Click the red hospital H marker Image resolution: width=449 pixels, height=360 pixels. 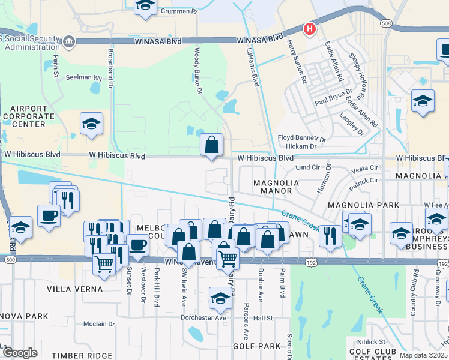pyautogui.click(x=310, y=28)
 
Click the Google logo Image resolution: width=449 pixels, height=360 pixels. pyautogui.click(x=19, y=353)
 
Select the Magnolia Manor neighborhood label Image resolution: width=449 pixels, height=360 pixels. pyautogui.click(x=273, y=187)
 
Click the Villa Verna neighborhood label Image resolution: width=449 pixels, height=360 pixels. pyautogui.click(x=75, y=289)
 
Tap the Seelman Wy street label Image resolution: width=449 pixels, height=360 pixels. pyautogui.click(x=83, y=77)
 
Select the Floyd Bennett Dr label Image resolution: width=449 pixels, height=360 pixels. pyautogui.click(x=301, y=138)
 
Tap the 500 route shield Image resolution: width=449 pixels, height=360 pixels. pyautogui.click(x=10, y=260)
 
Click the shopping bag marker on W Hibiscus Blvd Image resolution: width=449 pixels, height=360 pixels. pyautogui.click(x=212, y=145)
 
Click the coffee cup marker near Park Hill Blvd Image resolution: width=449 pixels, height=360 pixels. pyautogui.click(x=137, y=245)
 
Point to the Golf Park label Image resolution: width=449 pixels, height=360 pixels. pyautogui.click(x=256, y=346)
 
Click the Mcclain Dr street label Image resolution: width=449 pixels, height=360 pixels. pyautogui.click(x=99, y=324)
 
